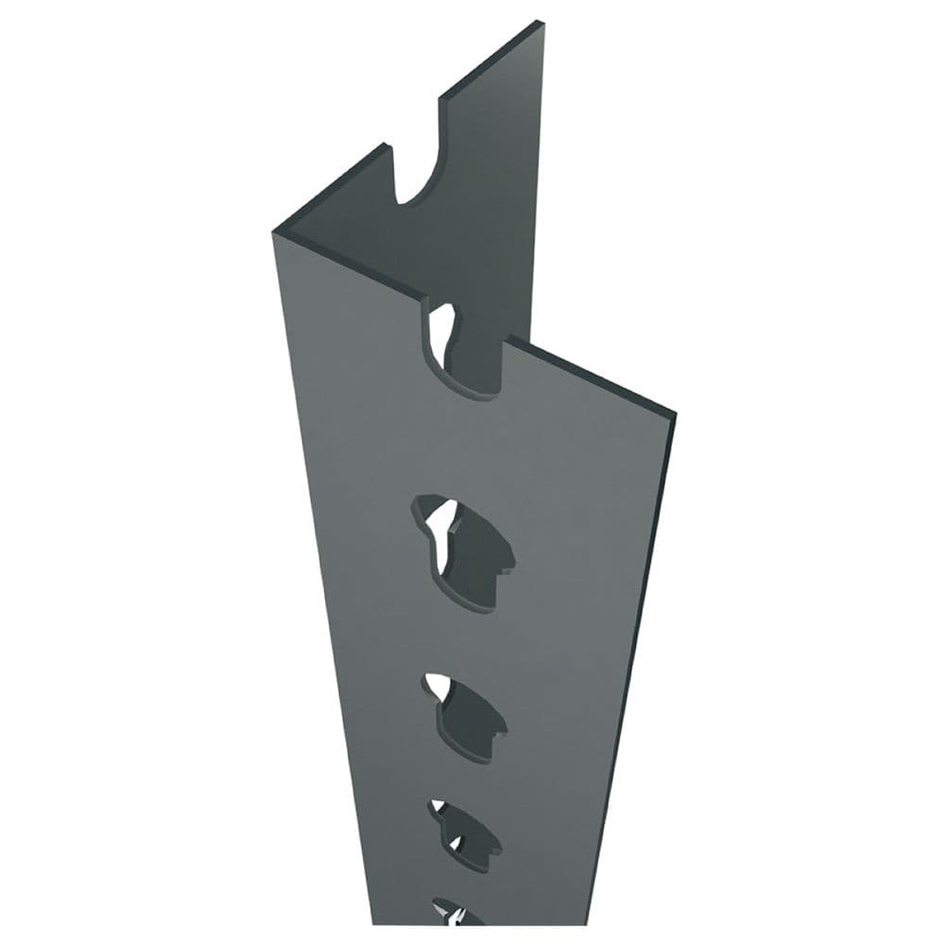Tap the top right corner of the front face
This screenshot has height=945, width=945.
[x=673, y=413]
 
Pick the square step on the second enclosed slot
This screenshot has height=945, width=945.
[x=499, y=726]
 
